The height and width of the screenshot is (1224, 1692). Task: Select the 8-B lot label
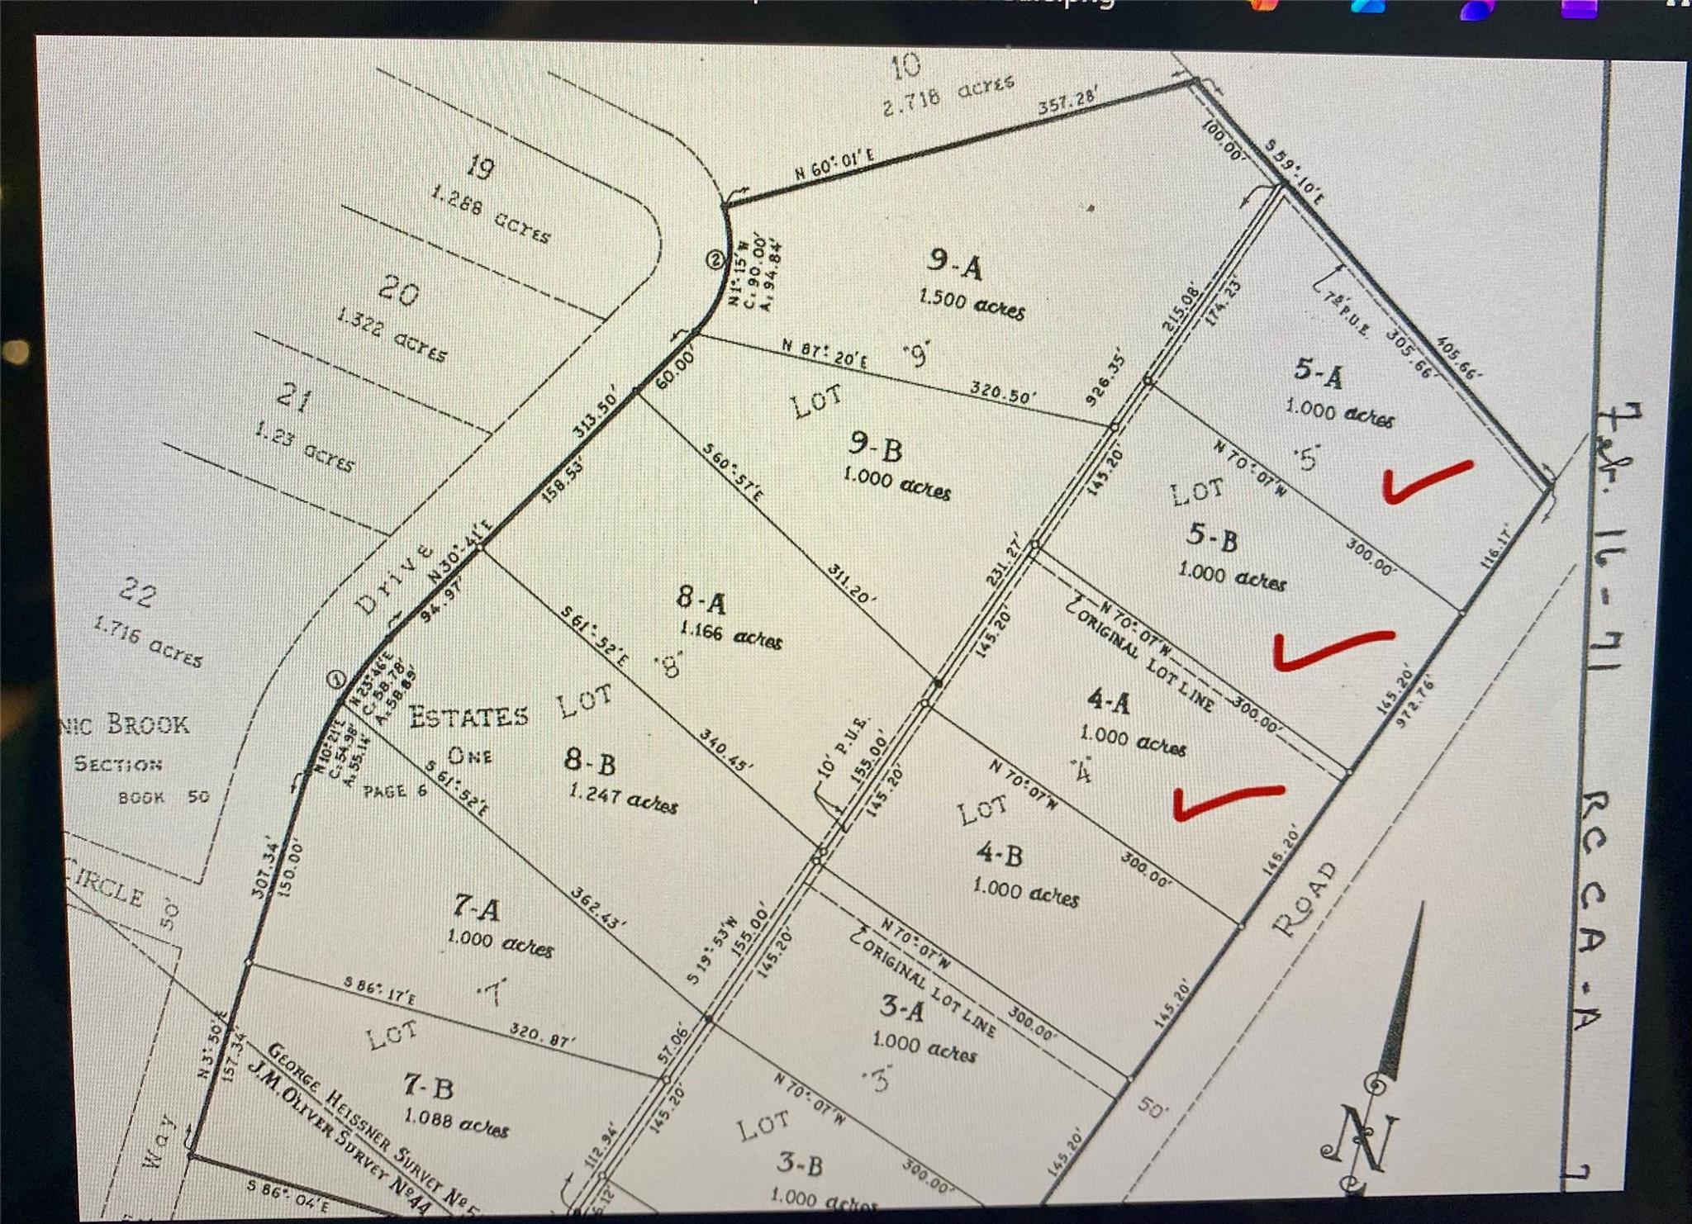tap(590, 761)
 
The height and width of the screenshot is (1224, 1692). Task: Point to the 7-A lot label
tap(476, 909)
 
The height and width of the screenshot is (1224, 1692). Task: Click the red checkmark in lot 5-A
tap(1427, 482)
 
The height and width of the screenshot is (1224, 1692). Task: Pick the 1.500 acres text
tap(972, 305)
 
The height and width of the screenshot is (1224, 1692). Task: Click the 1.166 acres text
tap(730, 635)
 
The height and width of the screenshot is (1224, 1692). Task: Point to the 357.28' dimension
tap(1067, 102)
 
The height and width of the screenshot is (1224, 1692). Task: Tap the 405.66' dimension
tap(1459, 357)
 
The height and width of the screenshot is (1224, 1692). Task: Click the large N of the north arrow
tap(1364, 1140)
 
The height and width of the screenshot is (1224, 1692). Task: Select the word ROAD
tap(1304, 900)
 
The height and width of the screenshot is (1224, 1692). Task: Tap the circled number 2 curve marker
tap(715, 259)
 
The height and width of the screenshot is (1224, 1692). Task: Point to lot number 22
tap(137, 593)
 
